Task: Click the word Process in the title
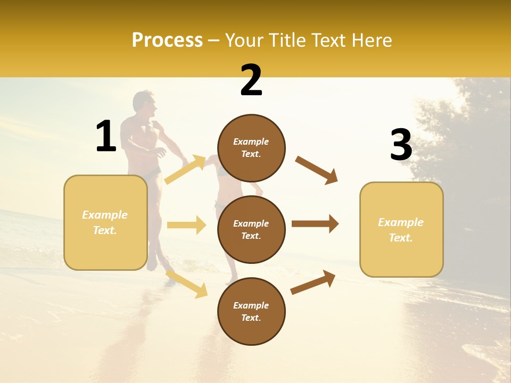[167, 40]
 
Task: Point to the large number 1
[106, 137]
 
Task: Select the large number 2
[251, 80]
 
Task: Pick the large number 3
[401, 145]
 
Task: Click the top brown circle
[251, 148]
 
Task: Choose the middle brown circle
[251, 230]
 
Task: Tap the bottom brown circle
[251, 312]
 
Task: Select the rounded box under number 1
[105, 222]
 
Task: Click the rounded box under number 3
[401, 230]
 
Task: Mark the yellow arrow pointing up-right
[185, 170]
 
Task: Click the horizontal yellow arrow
[186, 225]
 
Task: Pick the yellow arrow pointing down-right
[187, 284]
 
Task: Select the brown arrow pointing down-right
[317, 170]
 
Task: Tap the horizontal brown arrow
[315, 224]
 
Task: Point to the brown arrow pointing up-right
[313, 282]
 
